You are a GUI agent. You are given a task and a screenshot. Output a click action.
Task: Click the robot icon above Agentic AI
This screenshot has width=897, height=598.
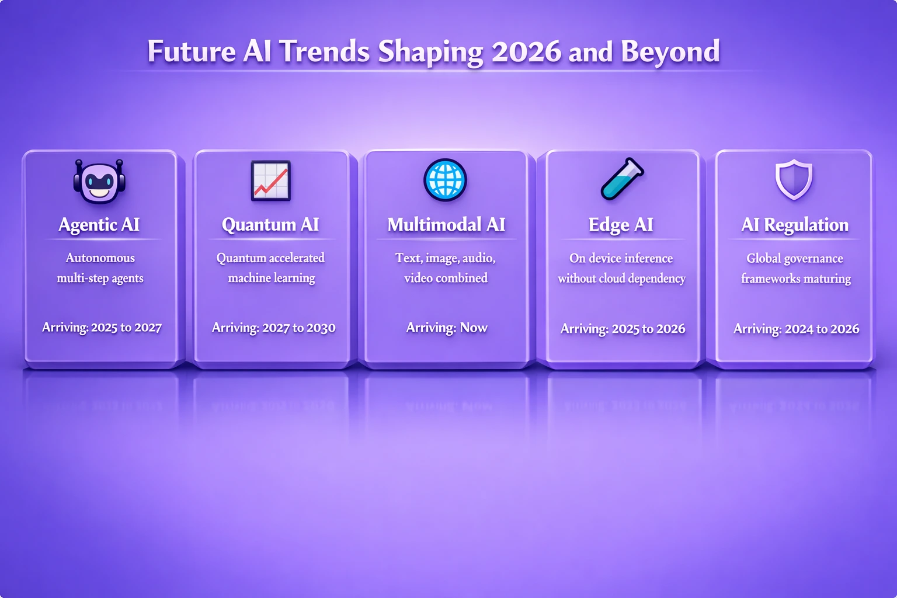click(x=99, y=181)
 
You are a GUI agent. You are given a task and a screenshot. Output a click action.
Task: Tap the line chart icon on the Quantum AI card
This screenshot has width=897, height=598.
click(x=270, y=180)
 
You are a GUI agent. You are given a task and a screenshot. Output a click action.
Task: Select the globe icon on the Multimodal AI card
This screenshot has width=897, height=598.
click(x=445, y=180)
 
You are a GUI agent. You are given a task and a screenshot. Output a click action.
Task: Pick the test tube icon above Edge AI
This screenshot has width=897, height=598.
click(x=622, y=179)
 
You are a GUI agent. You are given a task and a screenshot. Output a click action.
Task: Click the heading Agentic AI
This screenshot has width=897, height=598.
click(x=99, y=225)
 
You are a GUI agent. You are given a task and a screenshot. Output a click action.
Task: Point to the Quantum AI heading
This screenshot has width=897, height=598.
click(x=270, y=225)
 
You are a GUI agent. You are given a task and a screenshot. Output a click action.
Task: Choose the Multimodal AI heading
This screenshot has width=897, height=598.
click(x=446, y=225)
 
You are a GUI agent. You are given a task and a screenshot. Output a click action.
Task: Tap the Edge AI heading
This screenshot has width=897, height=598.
click(x=621, y=225)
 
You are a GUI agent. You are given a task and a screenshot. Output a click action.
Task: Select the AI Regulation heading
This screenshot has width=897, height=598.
click(x=795, y=225)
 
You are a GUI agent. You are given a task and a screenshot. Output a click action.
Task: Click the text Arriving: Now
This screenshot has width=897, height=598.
click(x=447, y=328)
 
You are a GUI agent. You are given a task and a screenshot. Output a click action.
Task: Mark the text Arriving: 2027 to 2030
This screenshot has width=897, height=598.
click(x=273, y=328)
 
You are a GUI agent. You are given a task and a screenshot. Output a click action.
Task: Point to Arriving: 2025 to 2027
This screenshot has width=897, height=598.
click(x=102, y=328)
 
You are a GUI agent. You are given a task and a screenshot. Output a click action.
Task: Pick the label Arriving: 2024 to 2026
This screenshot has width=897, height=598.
click(x=796, y=329)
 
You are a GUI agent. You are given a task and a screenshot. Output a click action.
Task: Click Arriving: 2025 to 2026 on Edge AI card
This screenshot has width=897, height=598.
click(x=623, y=329)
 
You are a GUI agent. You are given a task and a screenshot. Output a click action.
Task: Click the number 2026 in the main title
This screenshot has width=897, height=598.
click(x=526, y=52)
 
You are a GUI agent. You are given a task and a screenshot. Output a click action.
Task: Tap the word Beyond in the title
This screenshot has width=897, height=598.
click(x=670, y=52)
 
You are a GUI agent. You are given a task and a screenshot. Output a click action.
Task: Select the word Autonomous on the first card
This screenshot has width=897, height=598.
click(x=100, y=258)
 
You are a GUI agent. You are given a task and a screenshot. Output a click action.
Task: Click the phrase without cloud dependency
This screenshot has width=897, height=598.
click(x=621, y=279)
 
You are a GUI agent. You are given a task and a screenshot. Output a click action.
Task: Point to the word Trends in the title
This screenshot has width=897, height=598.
click(x=324, y=52)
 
